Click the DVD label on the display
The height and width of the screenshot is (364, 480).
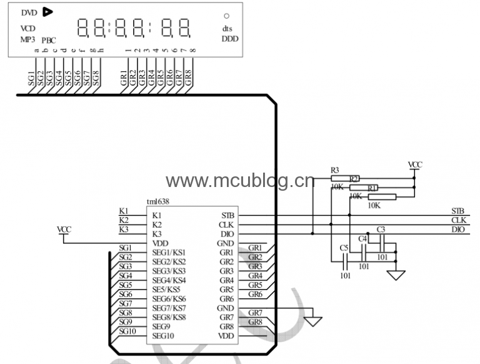click(x=29, y=13)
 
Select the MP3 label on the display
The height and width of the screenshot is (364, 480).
click(x=27, y=39)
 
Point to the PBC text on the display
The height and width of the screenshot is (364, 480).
click(x=49, y=40)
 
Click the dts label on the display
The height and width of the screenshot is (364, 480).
click(x=227, y=28)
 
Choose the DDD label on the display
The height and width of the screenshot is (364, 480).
click(x=229, y=39)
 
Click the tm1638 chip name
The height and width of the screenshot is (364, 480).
click(x=157, y=201)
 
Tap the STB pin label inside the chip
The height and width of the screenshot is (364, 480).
click(x=227, y=215)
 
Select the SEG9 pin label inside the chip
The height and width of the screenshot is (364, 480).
click(x=162, y=326)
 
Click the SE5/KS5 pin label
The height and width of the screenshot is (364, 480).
click(x=166, y=290)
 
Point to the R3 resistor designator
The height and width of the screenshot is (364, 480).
click(x=335, y=170)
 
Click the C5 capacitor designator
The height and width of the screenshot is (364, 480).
click(x=344, y=248)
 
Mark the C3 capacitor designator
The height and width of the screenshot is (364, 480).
click(x=381, y=230)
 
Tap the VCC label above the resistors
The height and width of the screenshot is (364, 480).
click(x=415, y=165)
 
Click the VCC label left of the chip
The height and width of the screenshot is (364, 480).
click(x=64, y=230)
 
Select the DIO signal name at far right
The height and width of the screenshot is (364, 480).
click(x=457, y=230)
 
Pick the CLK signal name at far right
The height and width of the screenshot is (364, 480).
click(x=458, y=220)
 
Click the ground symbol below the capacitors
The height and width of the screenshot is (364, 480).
click(x=396, y=275)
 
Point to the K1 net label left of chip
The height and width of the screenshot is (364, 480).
click(x=124, y=211)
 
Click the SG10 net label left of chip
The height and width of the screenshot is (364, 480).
click(x=127, y=331)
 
